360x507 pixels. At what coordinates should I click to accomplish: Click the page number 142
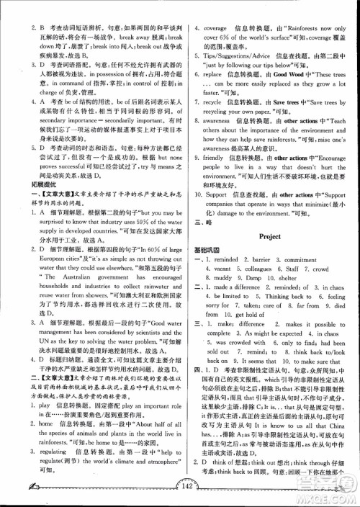pyautogui.click(x=180, y=493)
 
